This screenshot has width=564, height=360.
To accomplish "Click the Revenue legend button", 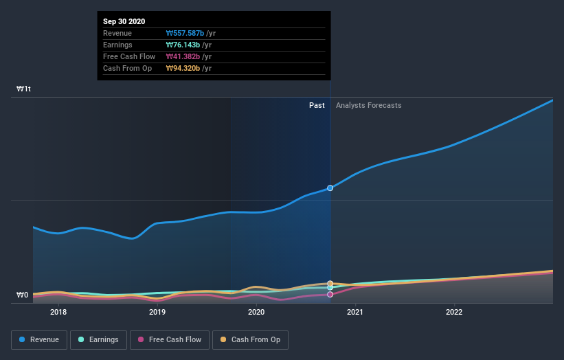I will pyautogui.click(x=40, y=339).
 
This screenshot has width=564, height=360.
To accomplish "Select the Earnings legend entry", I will pyautogui.click(x=98, y=339).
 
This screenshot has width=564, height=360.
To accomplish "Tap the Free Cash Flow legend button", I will pyautogui.click(x=170, y=339).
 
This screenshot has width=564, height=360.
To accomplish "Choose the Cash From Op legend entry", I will pyautogui.click(x=251, y=339).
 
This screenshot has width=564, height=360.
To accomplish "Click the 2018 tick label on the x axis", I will pyautogui.click(x=58, y=312).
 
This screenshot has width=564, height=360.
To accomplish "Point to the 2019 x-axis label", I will pyautogui.click(x=157, y=312).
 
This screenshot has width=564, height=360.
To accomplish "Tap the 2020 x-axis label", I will pyautogui.click(x=256, y=312).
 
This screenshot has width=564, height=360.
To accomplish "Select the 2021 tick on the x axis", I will pyautogui.click(x=355, y=312).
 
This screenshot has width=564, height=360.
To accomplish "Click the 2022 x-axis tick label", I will pyautogui.click(x=454, y=312).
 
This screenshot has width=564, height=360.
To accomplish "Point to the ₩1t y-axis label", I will pyautogui.click(x=24, y=89).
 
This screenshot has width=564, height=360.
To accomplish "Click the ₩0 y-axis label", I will pyautogui.click(x=23, y=295).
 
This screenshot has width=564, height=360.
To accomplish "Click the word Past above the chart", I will pyautogui.click(x=317, y=105).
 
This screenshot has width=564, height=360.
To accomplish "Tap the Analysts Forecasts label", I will pyautogui.click(x=369, y=105).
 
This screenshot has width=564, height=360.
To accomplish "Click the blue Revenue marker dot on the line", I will pyautogui.click(x=330, y=188).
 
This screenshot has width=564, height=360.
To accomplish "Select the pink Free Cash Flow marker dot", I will pyautogui.click(x=330, y=294).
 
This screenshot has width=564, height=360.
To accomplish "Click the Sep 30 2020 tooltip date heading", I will pyautogui.click(x=124, y=22).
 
